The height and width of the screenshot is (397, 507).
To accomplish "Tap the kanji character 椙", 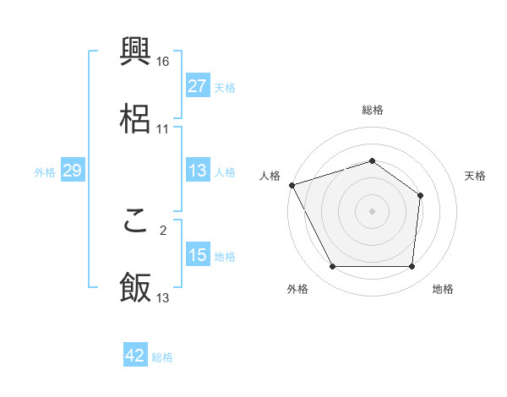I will pyautogui.click(x=136, y=118).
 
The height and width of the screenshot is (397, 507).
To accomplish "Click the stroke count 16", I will pyautogui.click(x=164, y=61).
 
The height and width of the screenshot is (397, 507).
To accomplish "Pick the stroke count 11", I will pyautogui.click(x=163, y=129).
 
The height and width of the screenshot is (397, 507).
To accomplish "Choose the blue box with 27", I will pyautogui.click(x=197, y=86).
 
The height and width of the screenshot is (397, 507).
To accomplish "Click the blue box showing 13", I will pyautogui.click(x=197, y=171).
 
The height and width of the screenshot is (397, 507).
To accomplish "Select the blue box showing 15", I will pyautogui.click(x=197, y=255).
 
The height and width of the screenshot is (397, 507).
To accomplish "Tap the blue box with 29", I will pyautogui.click(x=72, y=171).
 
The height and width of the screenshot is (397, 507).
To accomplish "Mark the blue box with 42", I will pyautogui.click(x=135, y=356).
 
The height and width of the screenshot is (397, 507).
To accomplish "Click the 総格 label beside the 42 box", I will pyautogui.click(x=162, y=357).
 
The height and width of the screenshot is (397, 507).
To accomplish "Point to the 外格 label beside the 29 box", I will pyautogui.click(x=45, y=172).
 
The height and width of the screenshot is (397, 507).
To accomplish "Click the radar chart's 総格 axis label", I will pyautogui.click(x=373, y=110).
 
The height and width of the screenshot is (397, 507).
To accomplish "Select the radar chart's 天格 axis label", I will pyautogui.click(x=476, y=176).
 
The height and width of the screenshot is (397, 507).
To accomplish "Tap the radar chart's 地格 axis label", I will pyautogui.click(x=443, y=290).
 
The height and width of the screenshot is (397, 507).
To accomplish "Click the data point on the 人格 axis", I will pyautogui.click(x=292, y=185).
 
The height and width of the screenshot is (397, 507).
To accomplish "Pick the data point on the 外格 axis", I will pyautogui.click(x=333, y=267).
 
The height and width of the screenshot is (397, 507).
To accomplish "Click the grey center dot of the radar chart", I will pyautogui.click(x=373, y=211).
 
